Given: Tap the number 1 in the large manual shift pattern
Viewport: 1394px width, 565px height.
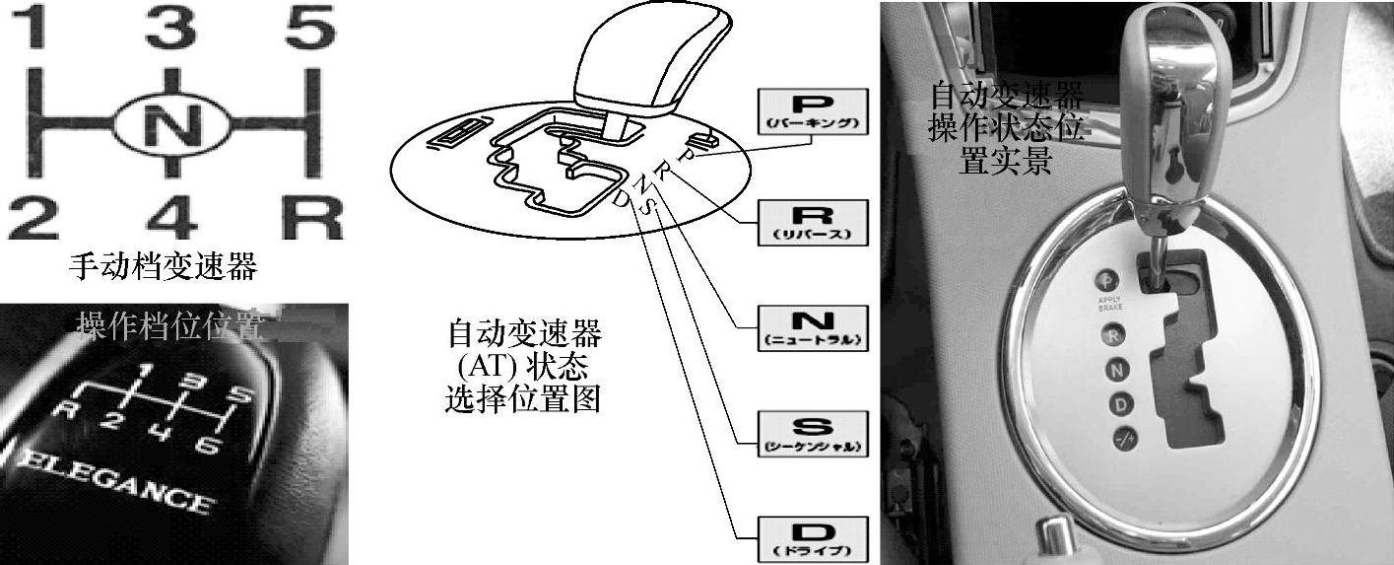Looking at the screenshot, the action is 34,30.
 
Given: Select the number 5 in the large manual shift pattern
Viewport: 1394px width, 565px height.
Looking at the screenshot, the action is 309,30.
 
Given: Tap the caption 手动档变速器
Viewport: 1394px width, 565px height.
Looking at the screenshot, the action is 164,266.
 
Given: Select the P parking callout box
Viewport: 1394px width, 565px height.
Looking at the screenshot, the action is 813,110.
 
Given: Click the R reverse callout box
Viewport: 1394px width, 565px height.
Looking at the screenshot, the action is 813,221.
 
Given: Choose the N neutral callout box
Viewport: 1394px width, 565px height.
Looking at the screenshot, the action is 813,327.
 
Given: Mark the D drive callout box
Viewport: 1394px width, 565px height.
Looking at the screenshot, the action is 813,537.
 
